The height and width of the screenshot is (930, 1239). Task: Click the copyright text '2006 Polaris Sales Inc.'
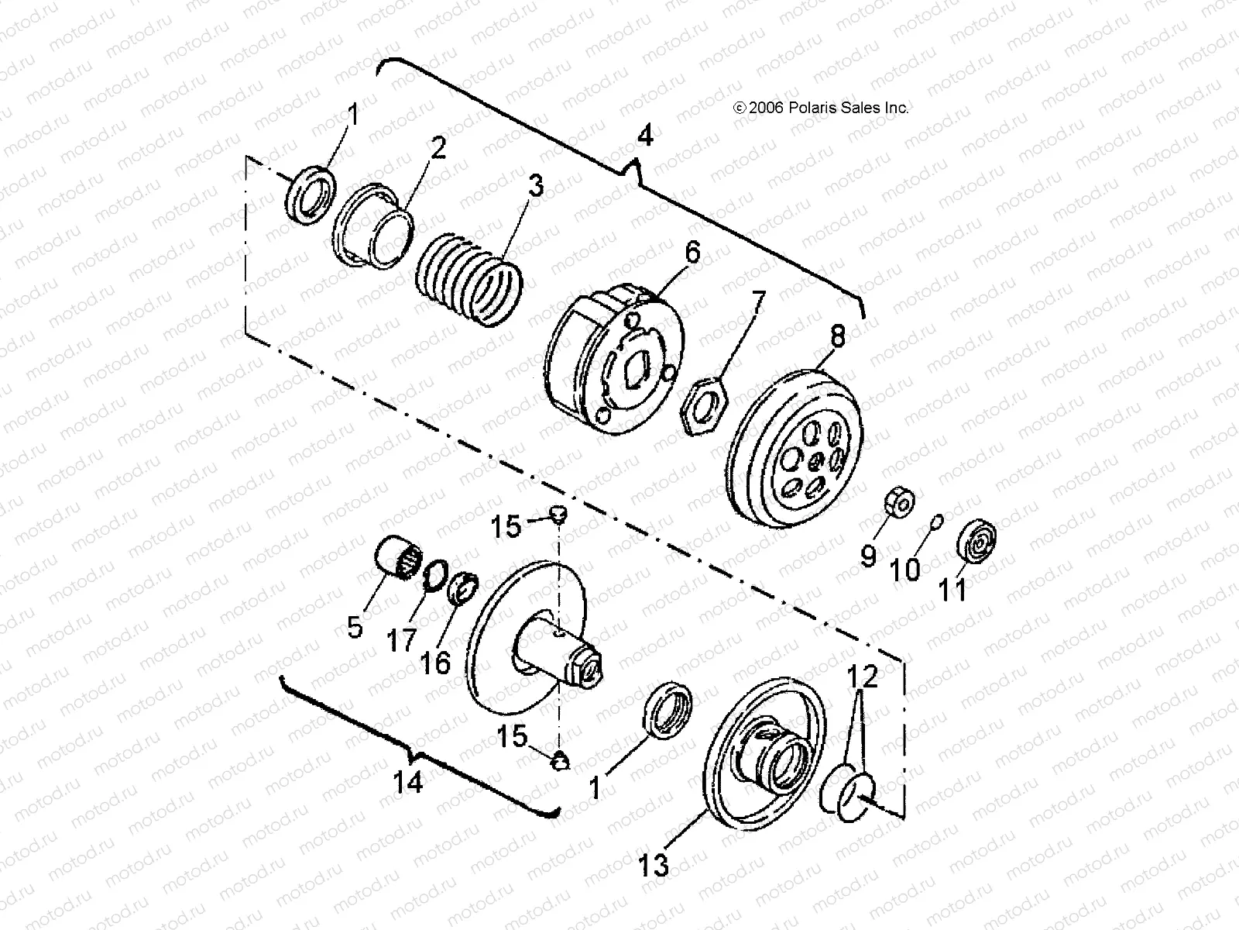click(x=821, y=108)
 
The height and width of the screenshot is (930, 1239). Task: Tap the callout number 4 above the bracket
click(x=644, y=136)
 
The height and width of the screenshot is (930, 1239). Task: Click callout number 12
click(x=863, y=677)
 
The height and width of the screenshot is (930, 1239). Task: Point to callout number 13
click(x=654, y=864)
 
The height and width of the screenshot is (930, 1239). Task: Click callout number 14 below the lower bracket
click(x=408, y=782)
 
